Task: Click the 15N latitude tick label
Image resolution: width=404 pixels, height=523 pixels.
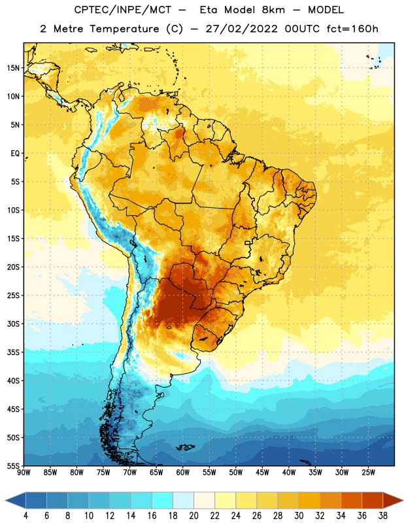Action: [x=13, y=68]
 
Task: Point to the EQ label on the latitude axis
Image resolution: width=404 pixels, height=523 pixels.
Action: [x=15, y=154]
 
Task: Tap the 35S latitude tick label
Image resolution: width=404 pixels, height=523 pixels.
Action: [x=13, y=352]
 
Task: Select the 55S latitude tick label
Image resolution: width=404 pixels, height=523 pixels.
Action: [x=13, y=466]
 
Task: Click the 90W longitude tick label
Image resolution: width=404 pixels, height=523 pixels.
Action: [x=24, y=473]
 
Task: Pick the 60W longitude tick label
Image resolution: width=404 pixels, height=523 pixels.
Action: [x=183, y=473]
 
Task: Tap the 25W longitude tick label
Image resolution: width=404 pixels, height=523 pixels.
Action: [x=369, y=473]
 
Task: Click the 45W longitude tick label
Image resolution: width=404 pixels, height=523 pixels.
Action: [x=263, y=473]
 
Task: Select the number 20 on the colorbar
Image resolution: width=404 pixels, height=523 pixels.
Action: [x=194, y=516]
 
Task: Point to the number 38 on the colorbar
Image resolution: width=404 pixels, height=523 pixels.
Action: [x=383, y=516]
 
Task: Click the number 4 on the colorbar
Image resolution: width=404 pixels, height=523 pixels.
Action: [x=25, y=516]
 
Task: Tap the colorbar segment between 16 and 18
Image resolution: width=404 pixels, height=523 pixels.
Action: [x=163, y=500]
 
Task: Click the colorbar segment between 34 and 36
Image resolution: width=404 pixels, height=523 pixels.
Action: [x=352, y=500]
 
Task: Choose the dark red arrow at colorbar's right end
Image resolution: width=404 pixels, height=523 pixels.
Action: [x=392, y=500]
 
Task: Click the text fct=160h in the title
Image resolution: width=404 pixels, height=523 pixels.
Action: [x=352, y=29]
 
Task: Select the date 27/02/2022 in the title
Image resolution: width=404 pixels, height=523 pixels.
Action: [x=241, y=29]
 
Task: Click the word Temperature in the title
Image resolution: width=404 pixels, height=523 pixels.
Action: [x=124, y=29]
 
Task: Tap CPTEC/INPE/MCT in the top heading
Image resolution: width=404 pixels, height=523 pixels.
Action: [x=123, y=10]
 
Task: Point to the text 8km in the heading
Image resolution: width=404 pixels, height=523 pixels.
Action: [x=273, y=10]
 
